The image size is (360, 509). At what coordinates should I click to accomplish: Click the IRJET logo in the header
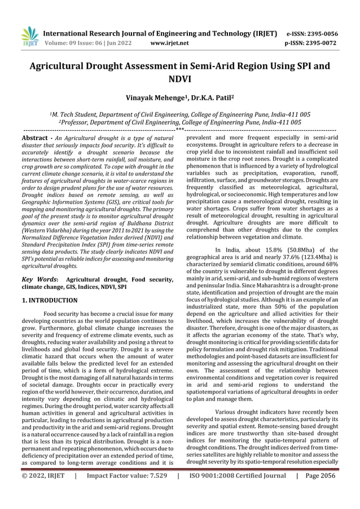click(29, 37)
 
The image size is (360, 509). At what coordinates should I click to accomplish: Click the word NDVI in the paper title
click(180, 80)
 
